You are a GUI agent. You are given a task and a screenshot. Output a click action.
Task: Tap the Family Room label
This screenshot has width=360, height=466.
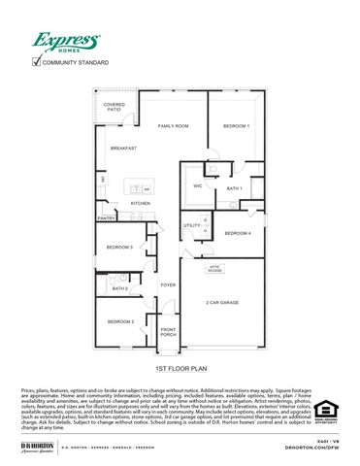[x=174, y=127]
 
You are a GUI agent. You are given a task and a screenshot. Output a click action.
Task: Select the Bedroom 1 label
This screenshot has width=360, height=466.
[x=236, y=127]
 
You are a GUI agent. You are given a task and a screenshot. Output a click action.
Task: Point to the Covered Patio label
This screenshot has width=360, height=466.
[x=115, y=107]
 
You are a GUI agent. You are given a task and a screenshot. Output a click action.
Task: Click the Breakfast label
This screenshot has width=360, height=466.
[x=122, y=148]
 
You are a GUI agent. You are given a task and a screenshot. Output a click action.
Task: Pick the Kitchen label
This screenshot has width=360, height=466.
[x=141, y=203]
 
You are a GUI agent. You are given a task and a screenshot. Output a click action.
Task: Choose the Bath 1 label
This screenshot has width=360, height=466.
[x=234, y=188]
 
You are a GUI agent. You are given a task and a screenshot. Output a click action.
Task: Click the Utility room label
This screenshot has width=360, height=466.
[x=191, y=225]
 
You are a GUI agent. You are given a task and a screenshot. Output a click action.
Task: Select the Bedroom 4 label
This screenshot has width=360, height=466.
[x=238, y=234]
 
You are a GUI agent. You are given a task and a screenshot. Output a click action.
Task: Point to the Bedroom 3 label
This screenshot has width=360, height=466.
[x=119, y=248]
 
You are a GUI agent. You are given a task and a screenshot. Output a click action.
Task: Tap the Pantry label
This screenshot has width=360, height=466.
[x=107, y=219]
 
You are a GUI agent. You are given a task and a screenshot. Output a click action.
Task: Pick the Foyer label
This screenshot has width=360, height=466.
[x=168, y=285]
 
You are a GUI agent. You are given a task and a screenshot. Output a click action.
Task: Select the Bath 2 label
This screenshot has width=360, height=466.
[x=120, y=288]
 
